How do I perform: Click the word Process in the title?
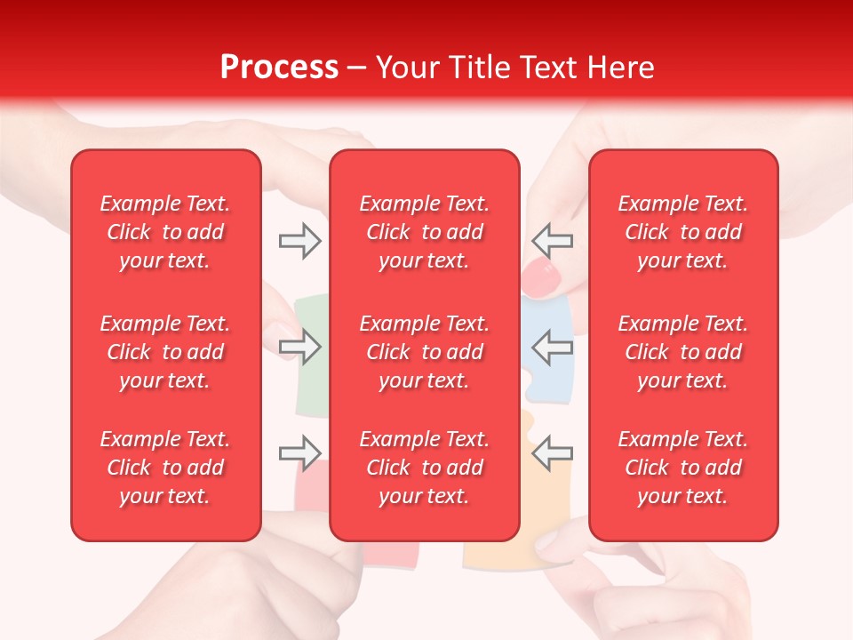279,68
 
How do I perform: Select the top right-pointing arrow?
299,240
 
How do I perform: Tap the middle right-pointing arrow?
299,347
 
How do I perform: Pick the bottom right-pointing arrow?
299,453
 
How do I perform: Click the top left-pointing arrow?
553,240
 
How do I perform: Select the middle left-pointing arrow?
553,347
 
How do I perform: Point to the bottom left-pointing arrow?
553,453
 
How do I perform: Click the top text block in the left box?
165,232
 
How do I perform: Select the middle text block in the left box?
165,352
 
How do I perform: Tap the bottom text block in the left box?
165,468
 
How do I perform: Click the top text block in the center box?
425,232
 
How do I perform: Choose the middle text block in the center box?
425,352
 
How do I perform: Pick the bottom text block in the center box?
425,468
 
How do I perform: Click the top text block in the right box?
683,232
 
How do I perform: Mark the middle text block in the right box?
683,352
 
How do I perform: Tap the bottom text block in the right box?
683,468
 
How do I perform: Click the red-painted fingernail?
539,277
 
